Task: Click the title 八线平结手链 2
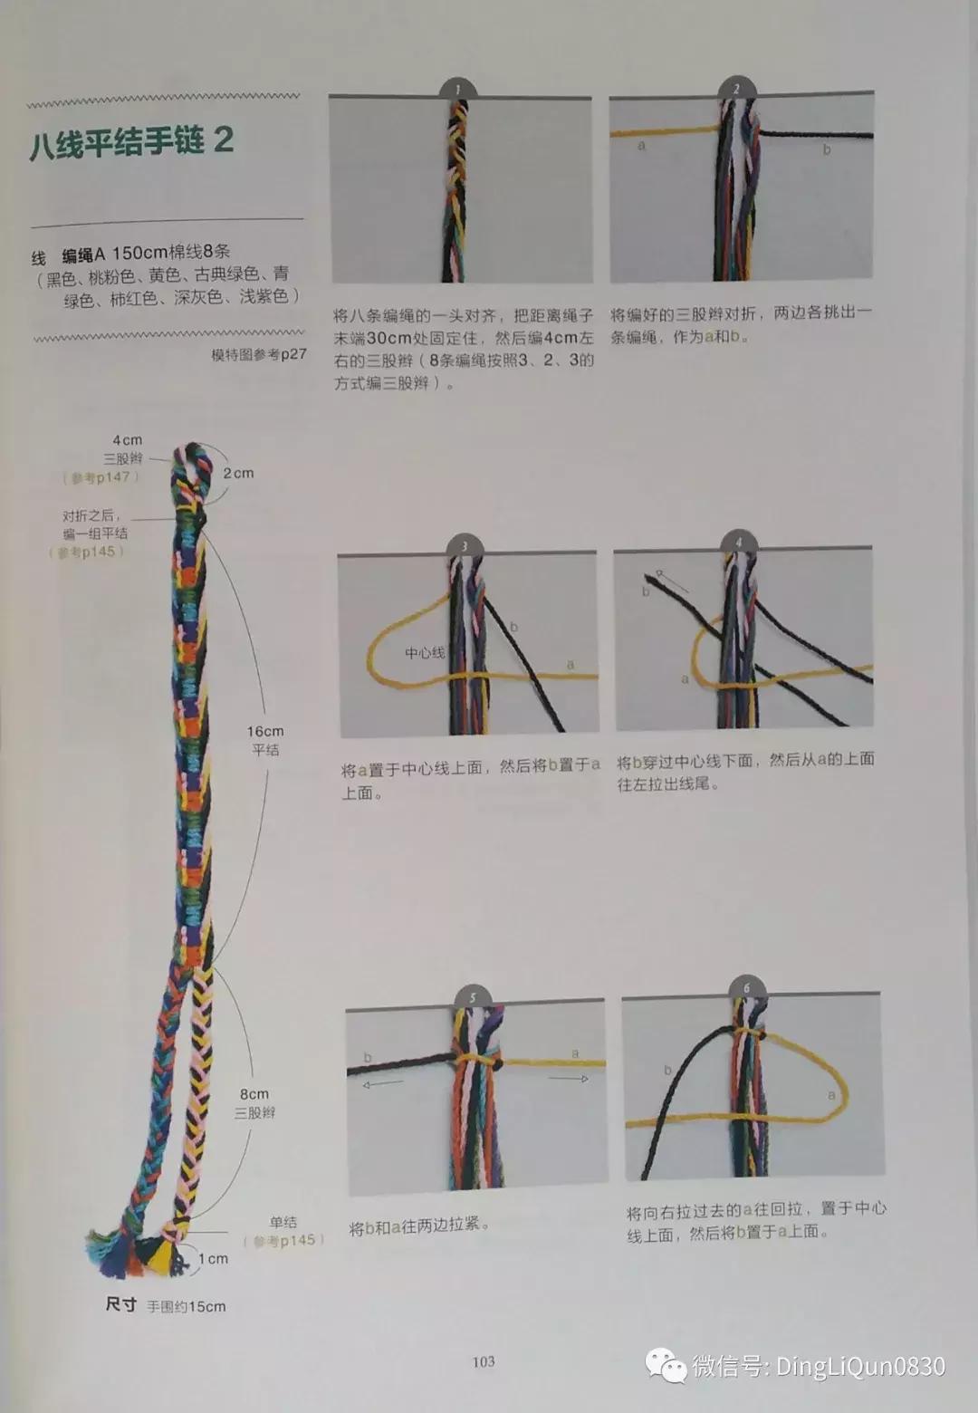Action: tap(132, 143)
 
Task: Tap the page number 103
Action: tap(484, 1361)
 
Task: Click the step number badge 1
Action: tap(458, 89)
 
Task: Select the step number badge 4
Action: tap(738, 543)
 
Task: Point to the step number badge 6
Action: tap(746, 988)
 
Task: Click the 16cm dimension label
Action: tap(265, 731)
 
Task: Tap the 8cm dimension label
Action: tap(254, 1094)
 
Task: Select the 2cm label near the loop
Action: tap(238, 473)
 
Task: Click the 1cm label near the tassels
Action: tap(214, 1258)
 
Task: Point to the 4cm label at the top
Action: tap(127, 440)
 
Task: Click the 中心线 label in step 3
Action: tap(424, 652)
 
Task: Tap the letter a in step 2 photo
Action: tap(642, 145)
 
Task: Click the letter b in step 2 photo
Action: tap(826, 149)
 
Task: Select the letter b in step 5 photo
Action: tap(368, 1057)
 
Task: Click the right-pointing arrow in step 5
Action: tap(569, 1079)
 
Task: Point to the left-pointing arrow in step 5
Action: tap(383, 1082)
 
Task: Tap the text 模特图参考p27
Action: tap(259, 355)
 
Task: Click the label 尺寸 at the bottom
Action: tap(120, 1304)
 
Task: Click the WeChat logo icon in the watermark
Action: tap(666, 1365)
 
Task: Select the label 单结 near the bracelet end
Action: tap(283, 1222)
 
